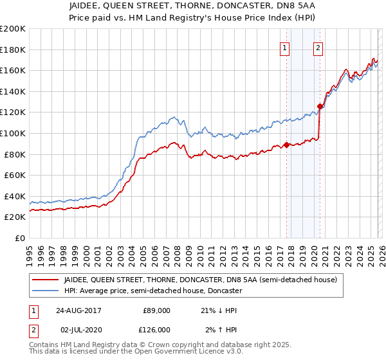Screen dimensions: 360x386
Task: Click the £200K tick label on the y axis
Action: click(12, 29)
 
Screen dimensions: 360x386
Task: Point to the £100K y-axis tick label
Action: click(12, 134)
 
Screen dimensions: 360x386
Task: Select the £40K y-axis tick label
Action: click(14, 196)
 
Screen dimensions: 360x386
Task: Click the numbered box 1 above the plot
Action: click(284, 46)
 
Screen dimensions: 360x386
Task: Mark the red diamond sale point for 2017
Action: click(286, 145)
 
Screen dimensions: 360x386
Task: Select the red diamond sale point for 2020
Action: click(319, 106)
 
